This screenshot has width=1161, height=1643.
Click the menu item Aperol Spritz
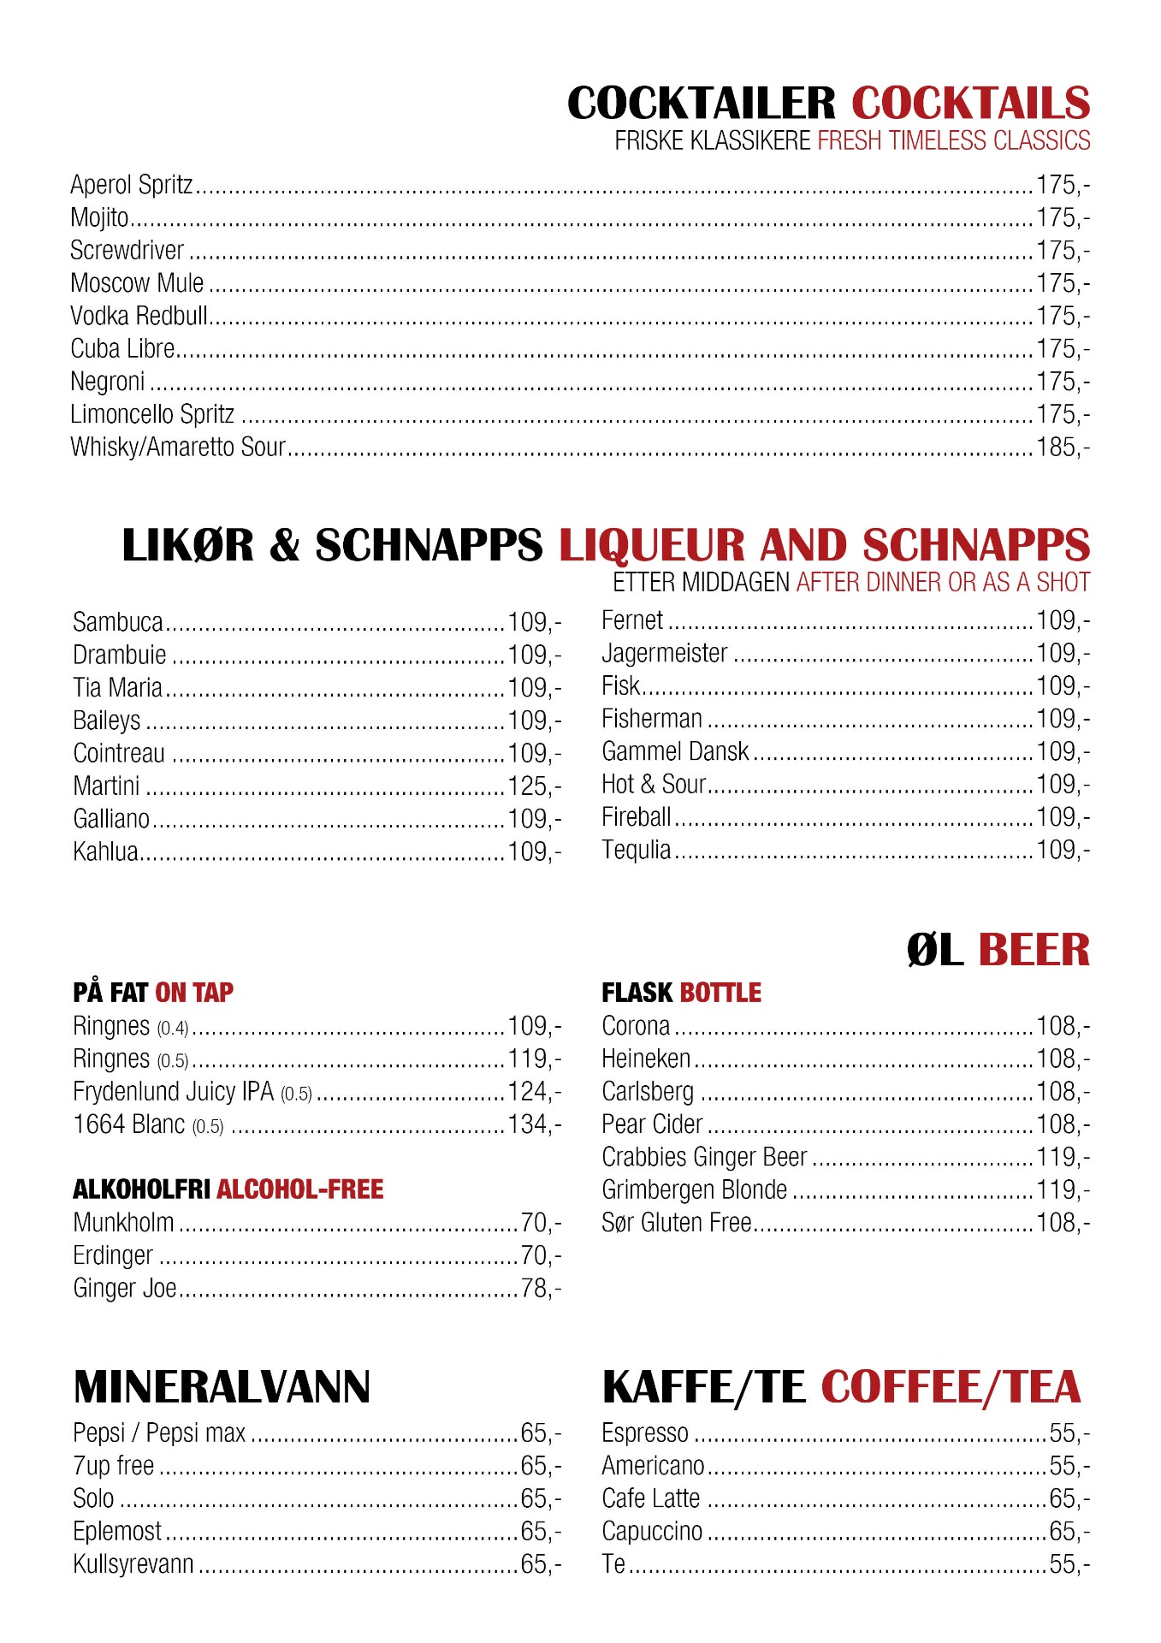(x=132, y=185)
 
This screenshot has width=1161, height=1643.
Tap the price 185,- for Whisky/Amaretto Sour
(x=1063, y=447)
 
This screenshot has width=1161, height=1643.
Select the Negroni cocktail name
(x=108, y=382)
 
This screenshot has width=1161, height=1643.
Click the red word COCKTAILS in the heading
(x=970, y=104)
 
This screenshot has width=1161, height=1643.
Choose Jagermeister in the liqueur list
(x=665, y=654)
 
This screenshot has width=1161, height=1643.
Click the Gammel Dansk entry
(x=675, y=751)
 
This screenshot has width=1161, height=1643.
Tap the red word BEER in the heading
(x=1034, y=950)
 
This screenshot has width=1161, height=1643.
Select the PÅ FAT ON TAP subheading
(x=153, y=993)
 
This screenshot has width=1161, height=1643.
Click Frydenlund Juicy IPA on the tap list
(x=173, y=1092)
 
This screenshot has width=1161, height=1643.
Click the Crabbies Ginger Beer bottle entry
(x=704, y=1157)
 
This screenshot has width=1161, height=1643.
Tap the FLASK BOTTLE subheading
(x=681, y=993)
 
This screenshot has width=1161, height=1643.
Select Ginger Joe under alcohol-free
(x=125, y=1288)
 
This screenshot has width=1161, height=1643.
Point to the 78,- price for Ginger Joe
(x=540, y=1288)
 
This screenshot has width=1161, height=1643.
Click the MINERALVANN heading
(x=222, y=1387)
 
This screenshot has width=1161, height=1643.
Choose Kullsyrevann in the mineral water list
(x=133, y=1564)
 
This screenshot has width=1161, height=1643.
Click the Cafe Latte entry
(x=651, y=1498)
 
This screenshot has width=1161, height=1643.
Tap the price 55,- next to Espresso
(x=1069, y=1432)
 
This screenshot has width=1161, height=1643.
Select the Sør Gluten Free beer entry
(x=676, y=1223)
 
